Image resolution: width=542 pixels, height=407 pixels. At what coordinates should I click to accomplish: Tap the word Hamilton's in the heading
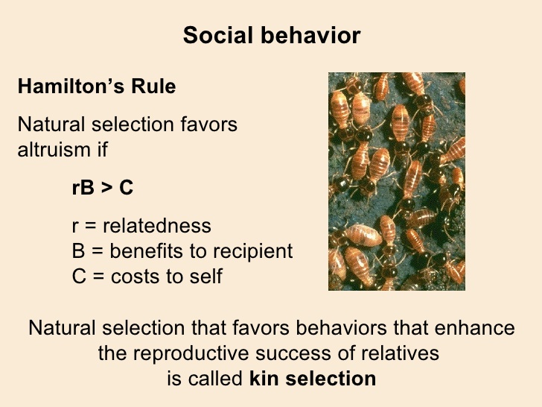click(x=71, y=86)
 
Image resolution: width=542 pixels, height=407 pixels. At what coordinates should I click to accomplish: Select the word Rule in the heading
click(x=153, y=86)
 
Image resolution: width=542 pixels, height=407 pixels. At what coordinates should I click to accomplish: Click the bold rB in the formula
click(x=83, y=188)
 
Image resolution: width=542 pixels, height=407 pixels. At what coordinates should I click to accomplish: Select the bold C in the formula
click(x=126, y=188)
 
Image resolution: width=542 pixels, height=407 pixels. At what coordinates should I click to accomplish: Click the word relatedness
click(x=157, y=226)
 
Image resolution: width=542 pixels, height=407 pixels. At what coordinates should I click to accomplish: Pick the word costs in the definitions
click(x=135, y=277)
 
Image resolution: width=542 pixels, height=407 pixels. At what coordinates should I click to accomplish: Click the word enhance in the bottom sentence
click(x=474, y=327)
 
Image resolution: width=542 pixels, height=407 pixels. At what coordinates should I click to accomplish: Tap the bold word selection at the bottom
click(x=331, y=378)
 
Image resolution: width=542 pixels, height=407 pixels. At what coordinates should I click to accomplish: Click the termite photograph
click(x=397, y=181)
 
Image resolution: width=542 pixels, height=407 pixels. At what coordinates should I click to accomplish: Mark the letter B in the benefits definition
click(x=78, y=251)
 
